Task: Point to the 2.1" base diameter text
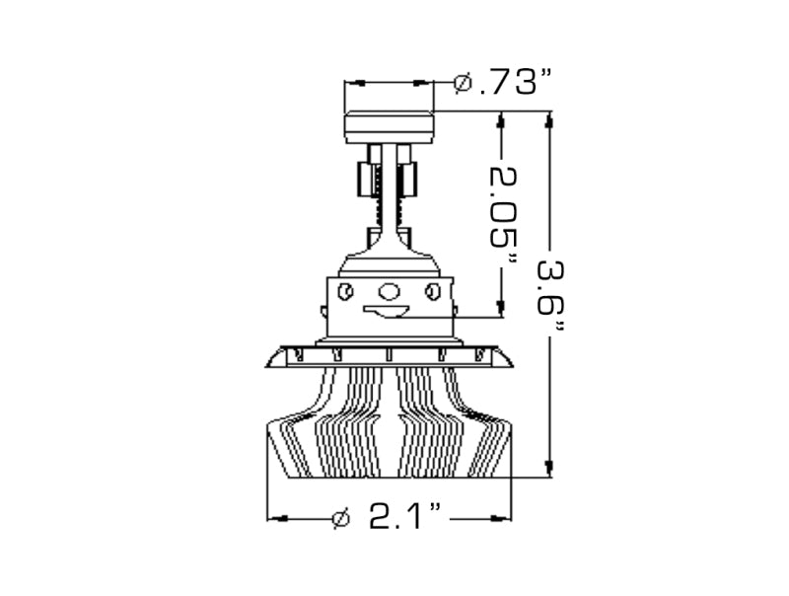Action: [x=404, y=517]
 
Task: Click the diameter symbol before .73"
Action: [x=463, y=83]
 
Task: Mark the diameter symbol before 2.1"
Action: [x=340, y=517]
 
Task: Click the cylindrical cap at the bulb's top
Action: [x=389, y=126]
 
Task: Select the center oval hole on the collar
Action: [x=390, y=291]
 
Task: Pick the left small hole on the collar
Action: [x=345, y=291]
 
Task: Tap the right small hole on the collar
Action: [x=432, y=291]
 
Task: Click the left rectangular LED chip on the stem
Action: [x=365, y=180]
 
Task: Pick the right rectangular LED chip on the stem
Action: [x=408, y=180]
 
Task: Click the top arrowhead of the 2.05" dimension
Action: [x=503, y=119]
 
